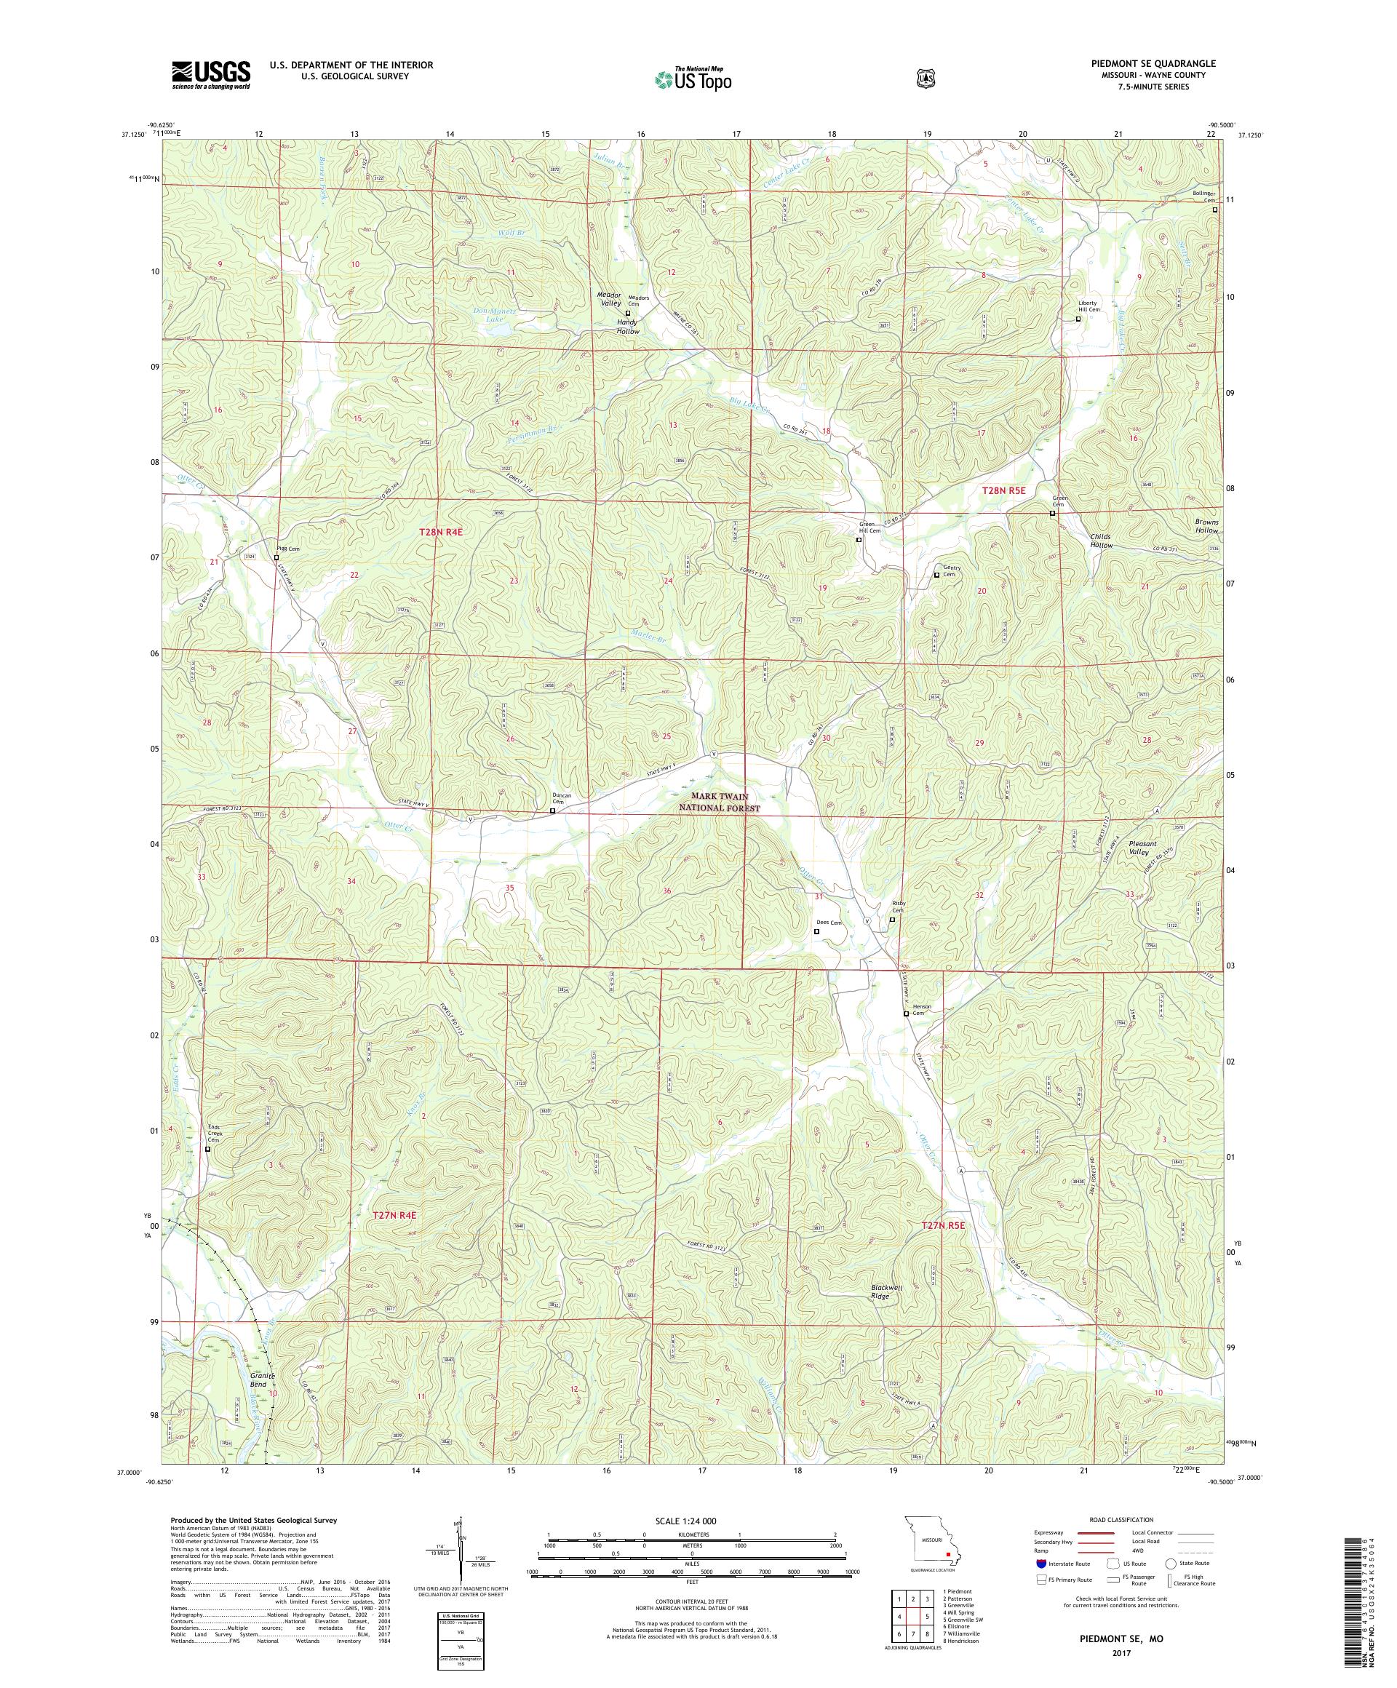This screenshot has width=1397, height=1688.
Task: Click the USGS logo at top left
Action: point(210,76)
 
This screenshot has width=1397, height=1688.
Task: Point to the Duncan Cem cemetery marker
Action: point(552,811)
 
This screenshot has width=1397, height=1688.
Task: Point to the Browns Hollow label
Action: point(1206,526)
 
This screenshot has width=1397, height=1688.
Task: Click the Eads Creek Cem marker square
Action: point(207,1150)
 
